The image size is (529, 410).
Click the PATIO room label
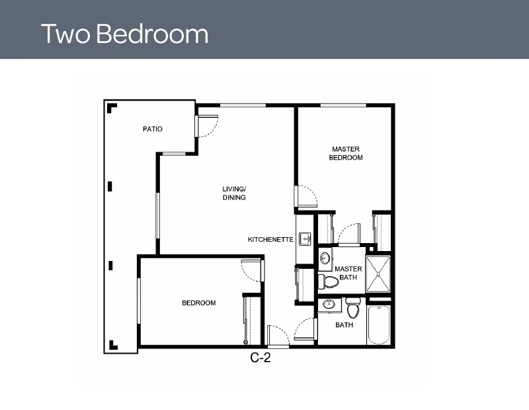click(x=153, y=129)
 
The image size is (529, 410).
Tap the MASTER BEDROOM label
click(x=346, y=153)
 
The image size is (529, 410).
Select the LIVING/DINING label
click(x=234, y=193)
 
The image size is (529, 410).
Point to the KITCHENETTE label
click(x=270, y=240)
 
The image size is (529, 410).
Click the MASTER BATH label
click(x=348, y=273)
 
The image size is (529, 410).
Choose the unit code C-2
click(x=261, y=358)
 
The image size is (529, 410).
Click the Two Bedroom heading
click(x=124, y=34)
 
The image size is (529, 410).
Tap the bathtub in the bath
click(x=379, y=325)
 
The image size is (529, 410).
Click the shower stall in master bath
click(x=378, y=274)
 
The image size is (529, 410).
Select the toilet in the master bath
click(x=328, y=282)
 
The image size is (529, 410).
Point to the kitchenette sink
click(x=305, y=238)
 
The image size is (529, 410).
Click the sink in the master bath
click(x=325, y=258)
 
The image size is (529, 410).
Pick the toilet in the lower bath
click(x=353, y=308)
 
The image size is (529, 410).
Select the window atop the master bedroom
click(x=343, y=105)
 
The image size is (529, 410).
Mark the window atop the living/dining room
click(x=243, y=105)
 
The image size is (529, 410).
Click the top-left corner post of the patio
click(x=111, y=108)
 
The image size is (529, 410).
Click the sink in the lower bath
click(x=328, y=304)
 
